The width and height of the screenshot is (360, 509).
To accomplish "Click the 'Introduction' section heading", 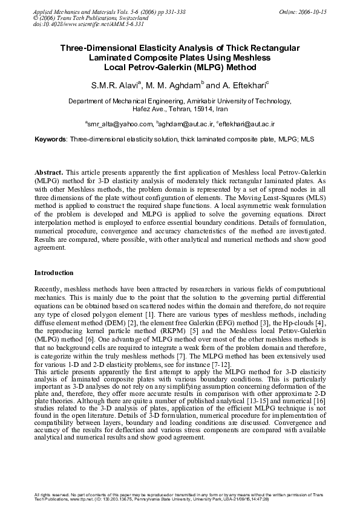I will [54, 273].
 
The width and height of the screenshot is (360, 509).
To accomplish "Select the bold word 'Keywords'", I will [50, 139].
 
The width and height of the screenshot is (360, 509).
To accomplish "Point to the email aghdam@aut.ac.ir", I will [185, 123].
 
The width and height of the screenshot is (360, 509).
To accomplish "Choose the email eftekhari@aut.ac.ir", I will [247, 123].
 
